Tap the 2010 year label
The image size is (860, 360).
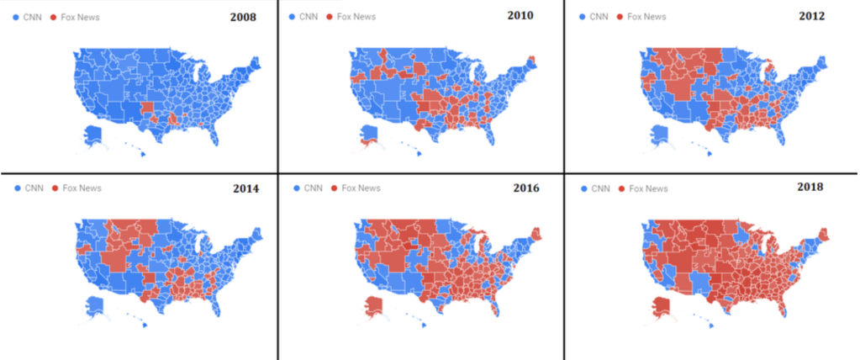pyautogui.click(x=522, y=15)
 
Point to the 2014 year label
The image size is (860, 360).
pyautogui.click(x=245, y=188)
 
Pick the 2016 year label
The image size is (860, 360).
pyautogui.click(x=527, y=188)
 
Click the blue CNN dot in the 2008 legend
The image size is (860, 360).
pyautogui.click(x=17, y=17)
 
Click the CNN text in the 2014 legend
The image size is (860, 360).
pyautogui.click(x=34, y=188)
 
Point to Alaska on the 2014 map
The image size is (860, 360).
pyautogui.click(x=95, y=306)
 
